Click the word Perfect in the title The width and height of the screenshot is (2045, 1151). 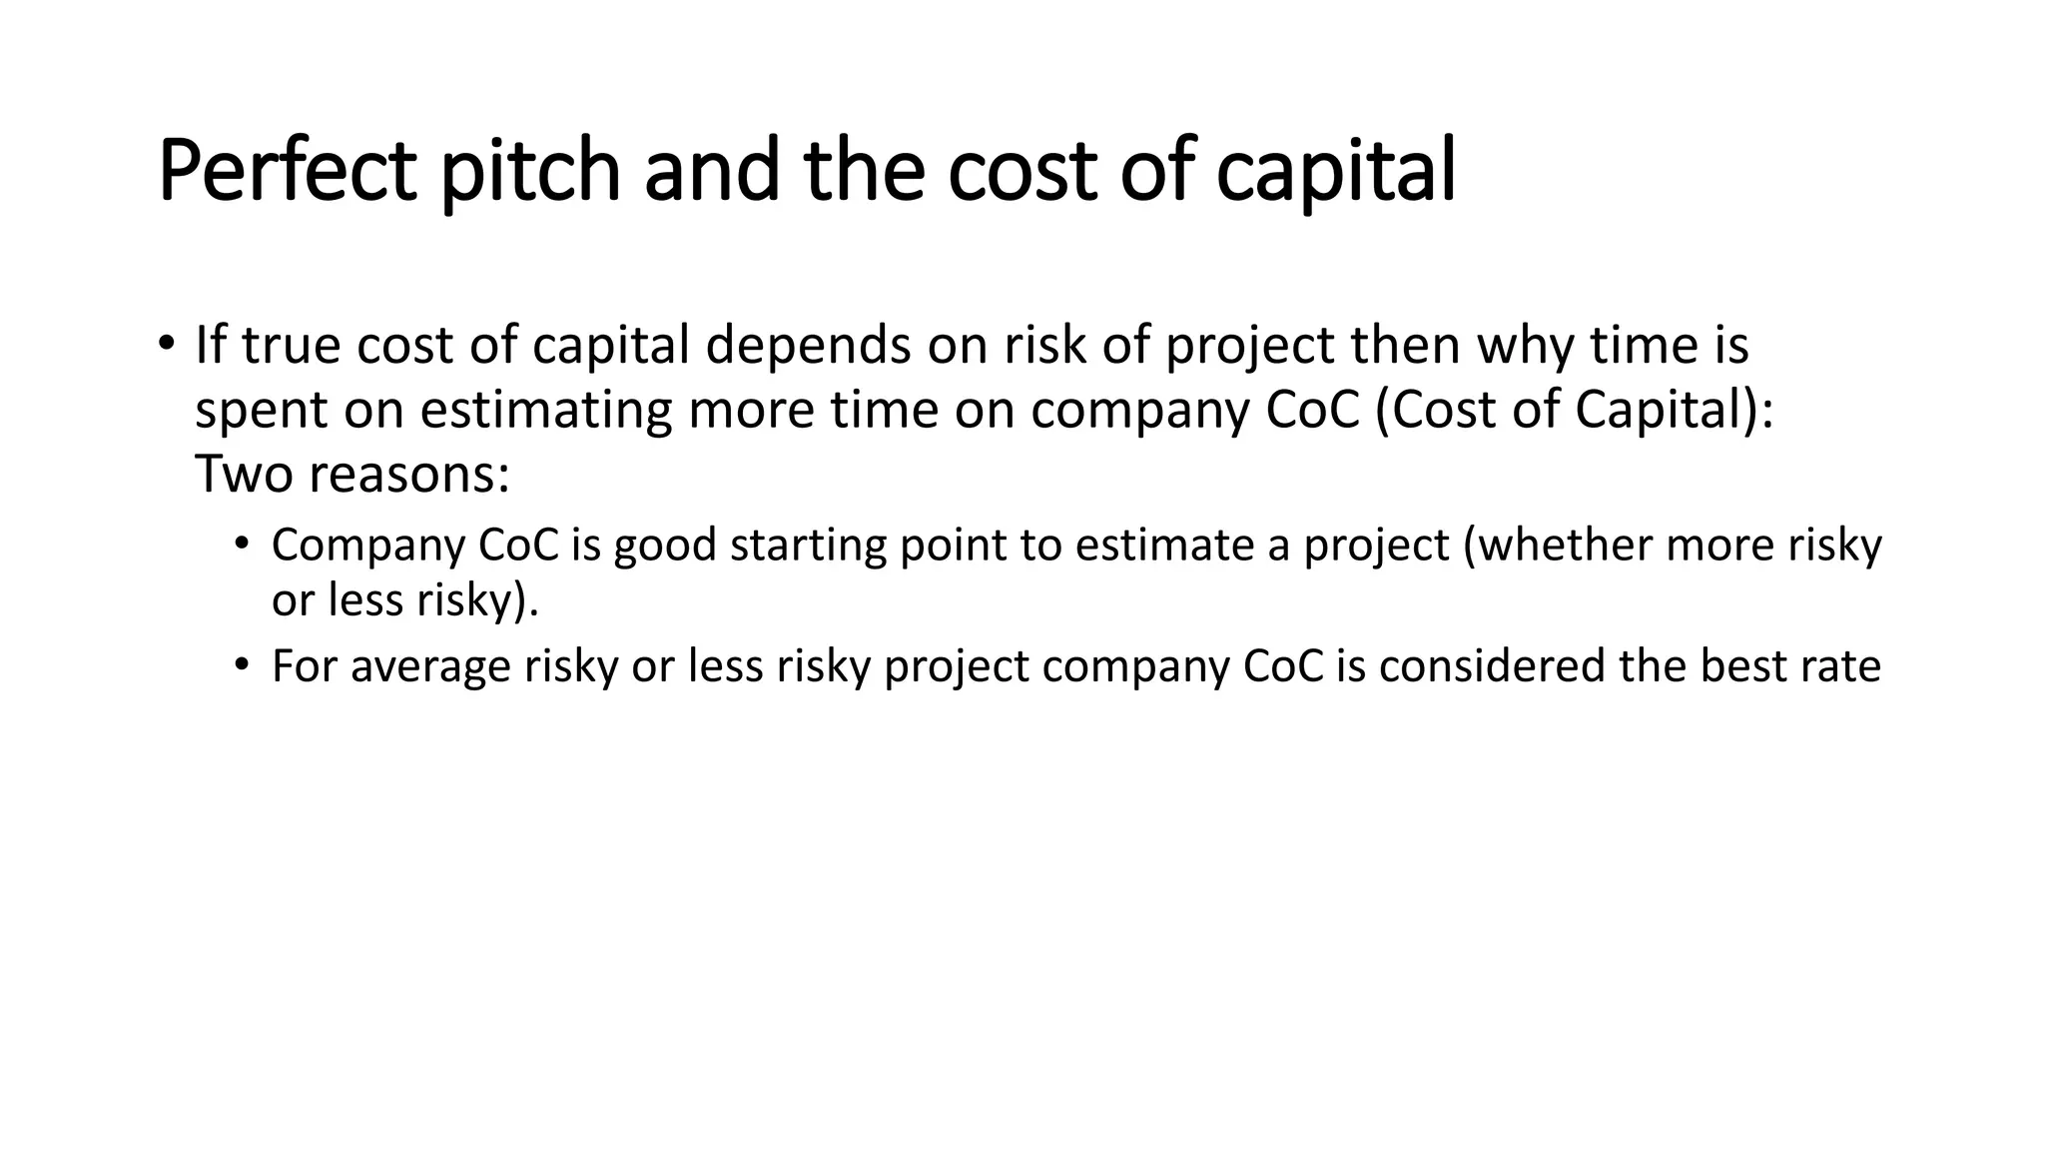tap(287, 172)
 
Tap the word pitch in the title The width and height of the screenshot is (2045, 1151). tap(530, 172)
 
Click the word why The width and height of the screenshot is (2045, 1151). tap(1524, 346)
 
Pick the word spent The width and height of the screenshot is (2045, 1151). tap(261, 411)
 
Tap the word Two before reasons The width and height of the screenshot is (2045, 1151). tap(244, 474)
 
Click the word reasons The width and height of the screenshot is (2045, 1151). tap(409, 474)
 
